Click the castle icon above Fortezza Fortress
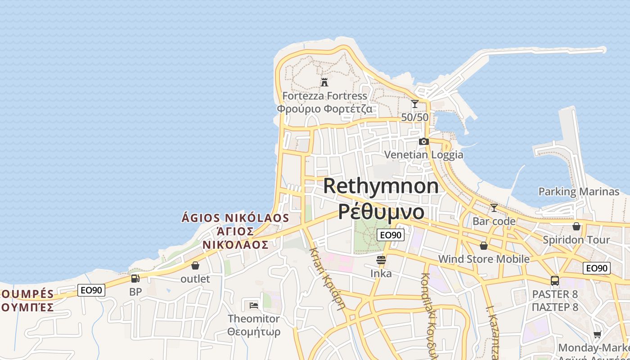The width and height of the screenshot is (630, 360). click(324, 82)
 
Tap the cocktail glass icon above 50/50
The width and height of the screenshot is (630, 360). click(414, 104)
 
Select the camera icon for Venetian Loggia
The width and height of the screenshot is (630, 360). click(423, 141)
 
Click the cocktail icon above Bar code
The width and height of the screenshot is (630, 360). click(494, 207)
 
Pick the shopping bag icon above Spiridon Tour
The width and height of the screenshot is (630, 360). click(576, 226)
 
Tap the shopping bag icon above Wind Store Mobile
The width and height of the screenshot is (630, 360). click(484, 246)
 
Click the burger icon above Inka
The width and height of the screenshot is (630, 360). click(381, 260)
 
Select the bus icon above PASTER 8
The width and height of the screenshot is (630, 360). click(555, 281)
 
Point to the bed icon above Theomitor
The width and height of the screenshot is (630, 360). click(254, 305)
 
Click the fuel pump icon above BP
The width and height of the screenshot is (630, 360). click(135, 278)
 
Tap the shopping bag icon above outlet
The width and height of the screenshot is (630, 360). click(195, 265)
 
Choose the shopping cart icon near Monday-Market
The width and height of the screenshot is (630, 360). click(597, 334)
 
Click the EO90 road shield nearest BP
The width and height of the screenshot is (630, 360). click(91, 290)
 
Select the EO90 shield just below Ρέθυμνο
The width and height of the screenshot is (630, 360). click(390, 235)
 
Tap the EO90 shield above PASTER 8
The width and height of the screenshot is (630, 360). click(597, 269)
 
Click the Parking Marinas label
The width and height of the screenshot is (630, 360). click(579, 192)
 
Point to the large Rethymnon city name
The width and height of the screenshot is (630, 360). click(381, 186)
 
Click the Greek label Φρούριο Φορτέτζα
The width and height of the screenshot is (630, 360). click(324, 109)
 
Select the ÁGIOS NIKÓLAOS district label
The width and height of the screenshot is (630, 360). click(235, 218)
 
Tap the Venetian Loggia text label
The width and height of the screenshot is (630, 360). click(423, 155)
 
